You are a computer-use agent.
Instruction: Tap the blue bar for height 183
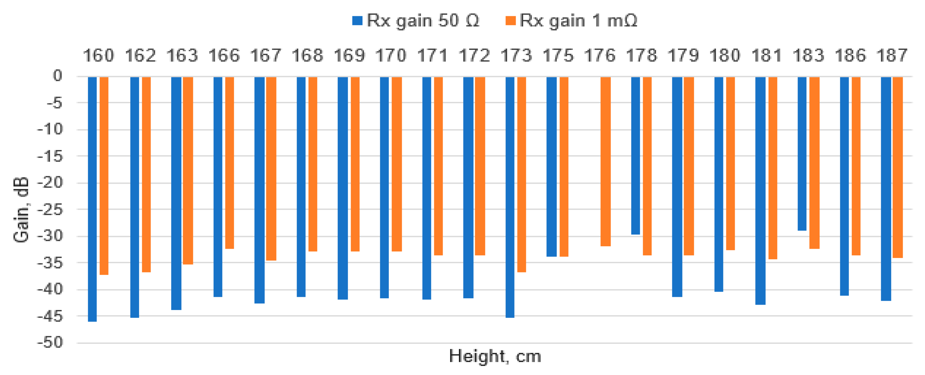[802, 153]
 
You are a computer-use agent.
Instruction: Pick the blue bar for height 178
[635, 155]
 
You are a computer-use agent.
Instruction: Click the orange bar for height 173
[521, 174]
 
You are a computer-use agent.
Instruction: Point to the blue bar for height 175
[551, 166]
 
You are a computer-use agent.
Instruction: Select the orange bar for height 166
[230, 162]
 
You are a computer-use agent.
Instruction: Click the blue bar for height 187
[886, 189]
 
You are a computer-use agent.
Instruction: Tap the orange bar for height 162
[146, 174]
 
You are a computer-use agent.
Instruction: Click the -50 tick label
[50, 342]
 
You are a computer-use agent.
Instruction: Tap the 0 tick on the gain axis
[57, 76]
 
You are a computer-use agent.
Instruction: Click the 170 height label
[391, 56]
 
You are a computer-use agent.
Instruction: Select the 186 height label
[850, 56]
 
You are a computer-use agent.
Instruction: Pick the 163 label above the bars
[182, 56]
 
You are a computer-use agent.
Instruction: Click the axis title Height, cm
[495, 357]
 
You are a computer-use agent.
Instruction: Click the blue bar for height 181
[760, 190]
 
